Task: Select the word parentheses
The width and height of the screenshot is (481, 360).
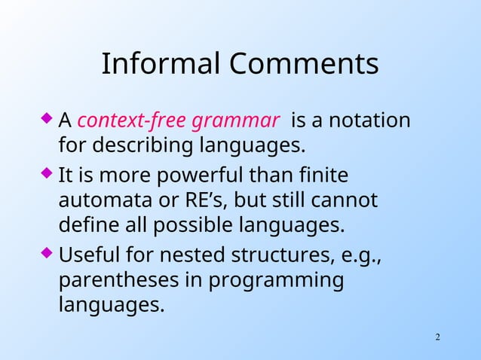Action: coord(118,282)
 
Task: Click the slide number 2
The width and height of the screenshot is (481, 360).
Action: coord(437,335)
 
